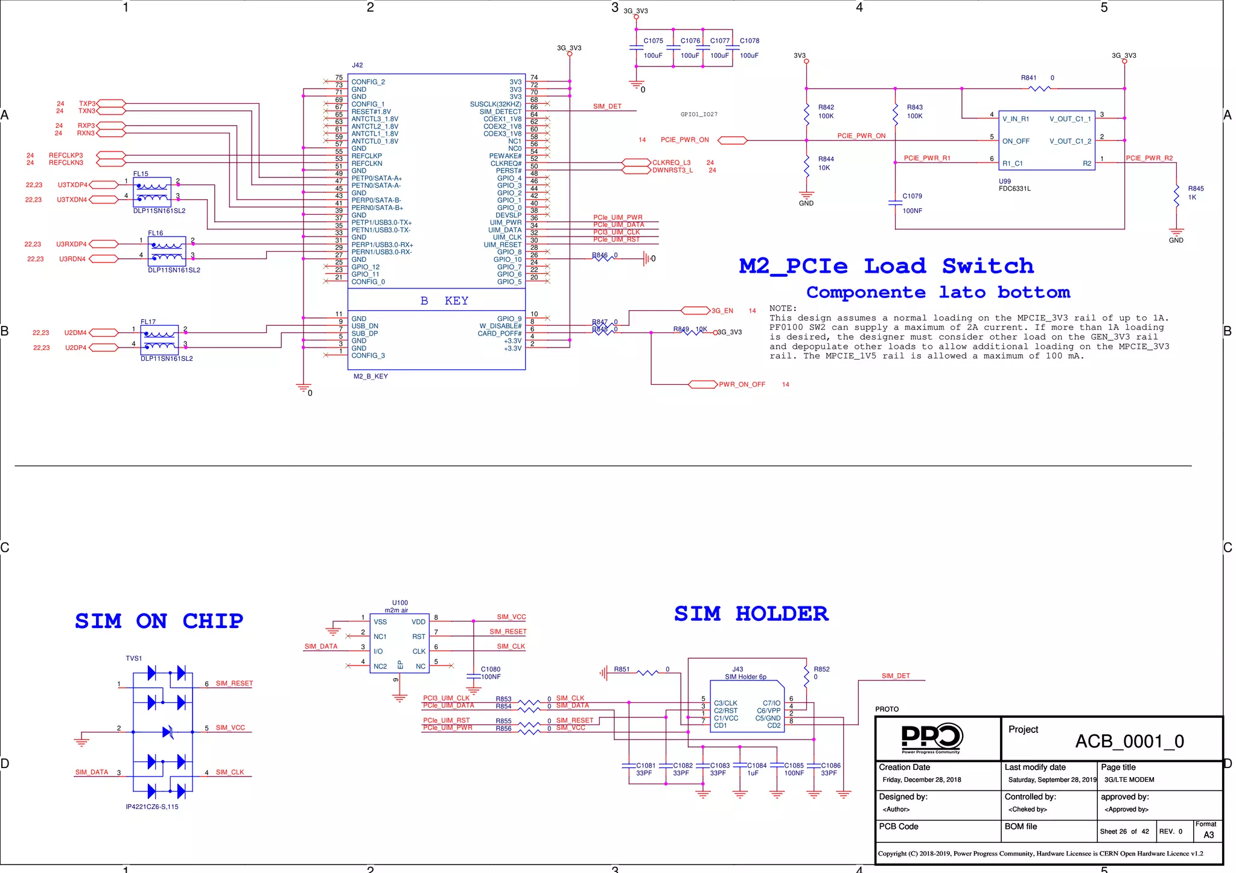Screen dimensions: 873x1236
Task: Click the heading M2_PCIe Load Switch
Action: tap(886, 266)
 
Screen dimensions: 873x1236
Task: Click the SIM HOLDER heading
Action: tap(751, 614)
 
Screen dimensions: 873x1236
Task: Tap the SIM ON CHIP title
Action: tap(159, 621)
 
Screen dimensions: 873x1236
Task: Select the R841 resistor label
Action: tap(1028, 78)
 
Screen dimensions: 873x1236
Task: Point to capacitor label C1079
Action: tap(912, 196)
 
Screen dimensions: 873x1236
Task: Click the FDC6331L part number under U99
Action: tap(1015, 189)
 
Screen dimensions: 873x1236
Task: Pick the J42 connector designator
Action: tap(357, 65)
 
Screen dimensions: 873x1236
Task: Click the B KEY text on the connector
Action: tap(444, 301)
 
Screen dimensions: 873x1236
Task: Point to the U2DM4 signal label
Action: tap(75, 332)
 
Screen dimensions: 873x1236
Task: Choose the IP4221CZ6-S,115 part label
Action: tap(152, 807)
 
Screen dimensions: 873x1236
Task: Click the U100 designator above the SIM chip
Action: tap(400, 603)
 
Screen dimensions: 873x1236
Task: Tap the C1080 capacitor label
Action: tap(490, 669)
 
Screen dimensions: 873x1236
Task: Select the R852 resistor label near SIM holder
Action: tap(821, 669)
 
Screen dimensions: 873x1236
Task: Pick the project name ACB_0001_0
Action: tap(1129, 741)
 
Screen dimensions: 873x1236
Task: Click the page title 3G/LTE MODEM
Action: tap(1129, 779)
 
